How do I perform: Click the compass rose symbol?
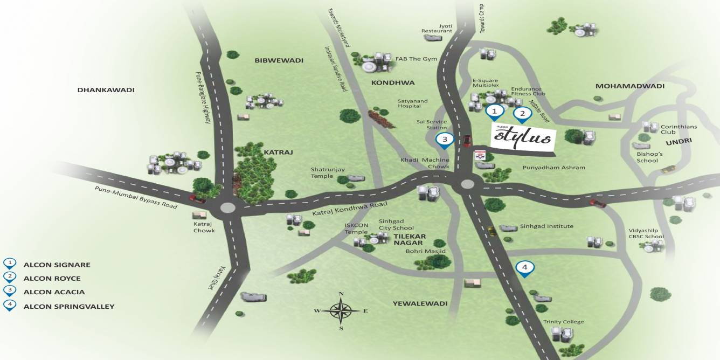click(x=341, y=310)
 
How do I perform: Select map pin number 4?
click(x=525, y=268)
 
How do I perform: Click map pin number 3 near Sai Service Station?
click(x=445, y=140)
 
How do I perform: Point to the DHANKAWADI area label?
click(x=106, y=90)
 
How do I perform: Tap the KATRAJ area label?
click(x=278, y=153)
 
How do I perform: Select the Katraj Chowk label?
click(x=204, y=227)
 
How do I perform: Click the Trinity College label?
click(x=563, y=322)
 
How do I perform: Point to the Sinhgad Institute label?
click(x=546, y=226)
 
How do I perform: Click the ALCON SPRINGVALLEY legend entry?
click(x=69, y=306)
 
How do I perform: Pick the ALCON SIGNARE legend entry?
click(x=57, y=265)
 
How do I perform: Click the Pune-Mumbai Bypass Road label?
click(x=136, y=197)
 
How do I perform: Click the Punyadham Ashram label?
click(x=553, y=168)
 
